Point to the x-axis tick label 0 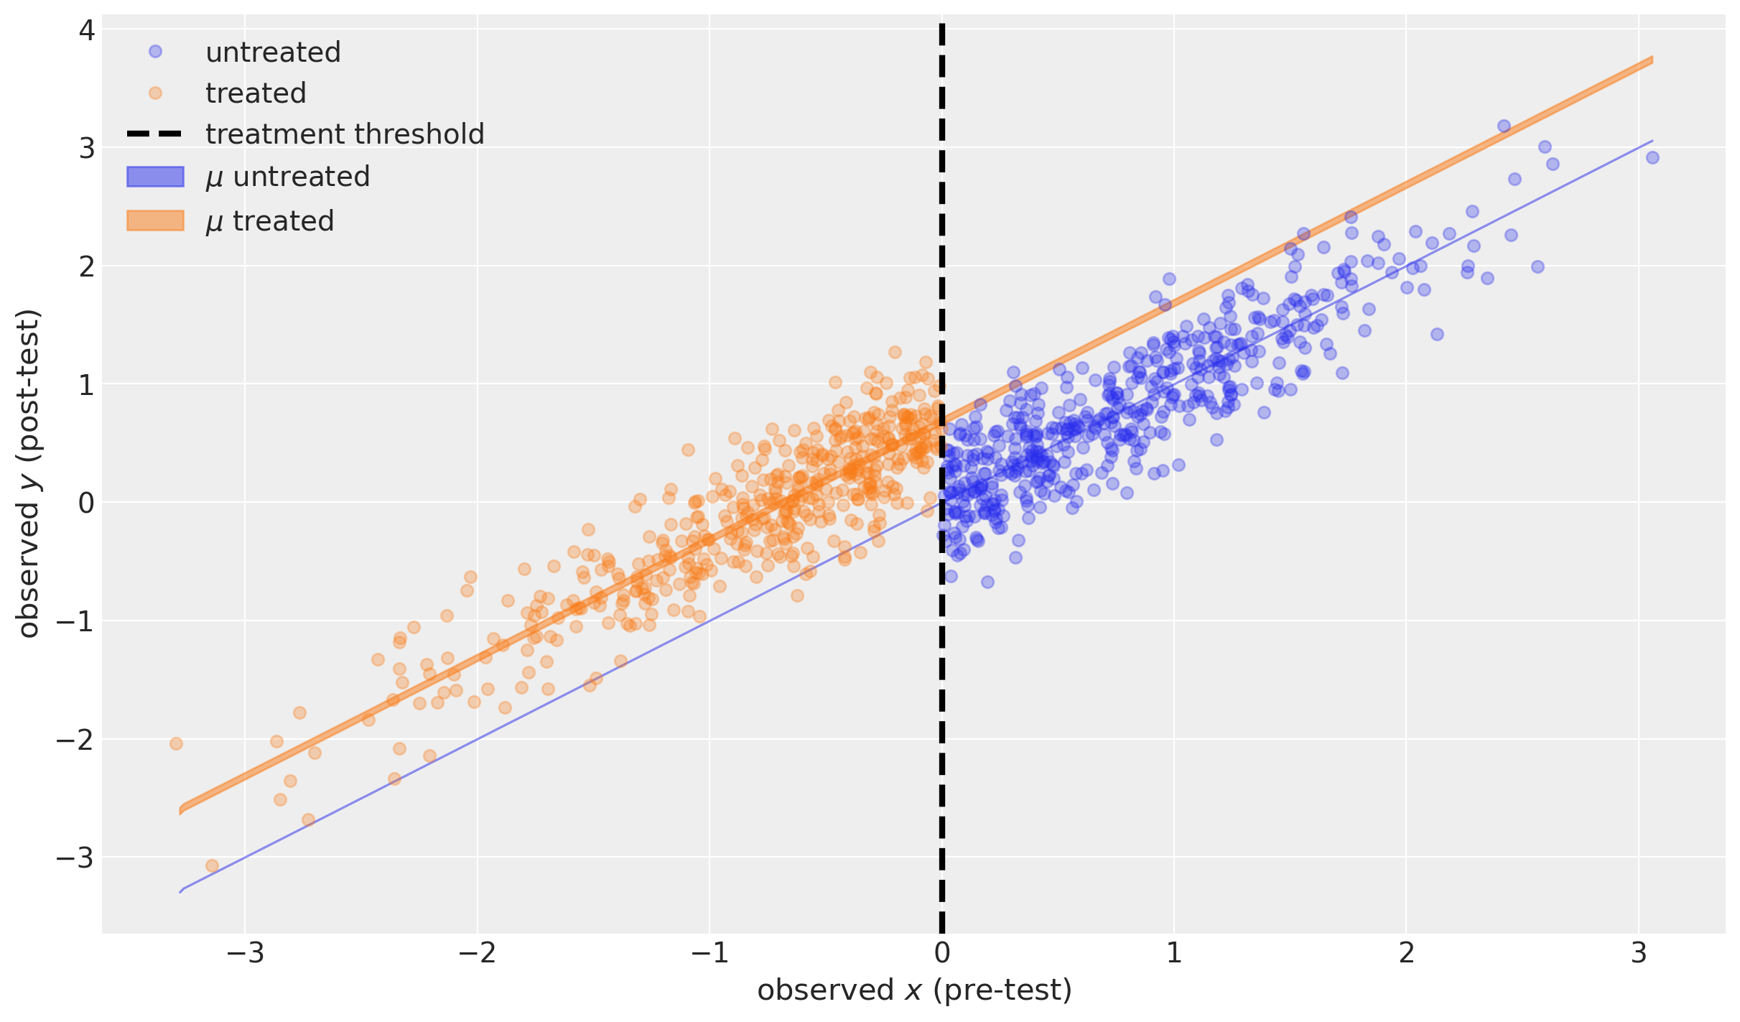941,954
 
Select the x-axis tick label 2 1406,954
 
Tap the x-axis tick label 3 1638,954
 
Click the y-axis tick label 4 87,30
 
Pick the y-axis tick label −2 76,740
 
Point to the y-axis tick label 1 87,385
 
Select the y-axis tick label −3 76,858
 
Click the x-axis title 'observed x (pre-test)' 914,990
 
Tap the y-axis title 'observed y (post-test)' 30,474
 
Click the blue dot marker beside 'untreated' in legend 155,52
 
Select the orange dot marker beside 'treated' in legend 155,93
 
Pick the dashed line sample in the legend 155,134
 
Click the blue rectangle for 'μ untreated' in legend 155,177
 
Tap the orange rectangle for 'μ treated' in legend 155,220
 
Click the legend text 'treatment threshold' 345,134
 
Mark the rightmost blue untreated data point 1652,157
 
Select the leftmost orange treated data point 176,743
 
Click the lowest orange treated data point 212,865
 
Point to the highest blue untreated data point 1504,126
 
